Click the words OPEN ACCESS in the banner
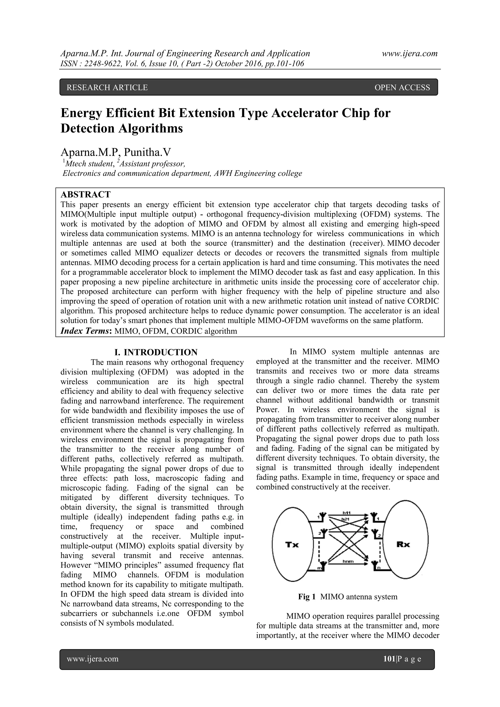(x=402, y=88)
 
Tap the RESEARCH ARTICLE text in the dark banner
(x=107, y=88)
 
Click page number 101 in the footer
(x=389, y=659)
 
